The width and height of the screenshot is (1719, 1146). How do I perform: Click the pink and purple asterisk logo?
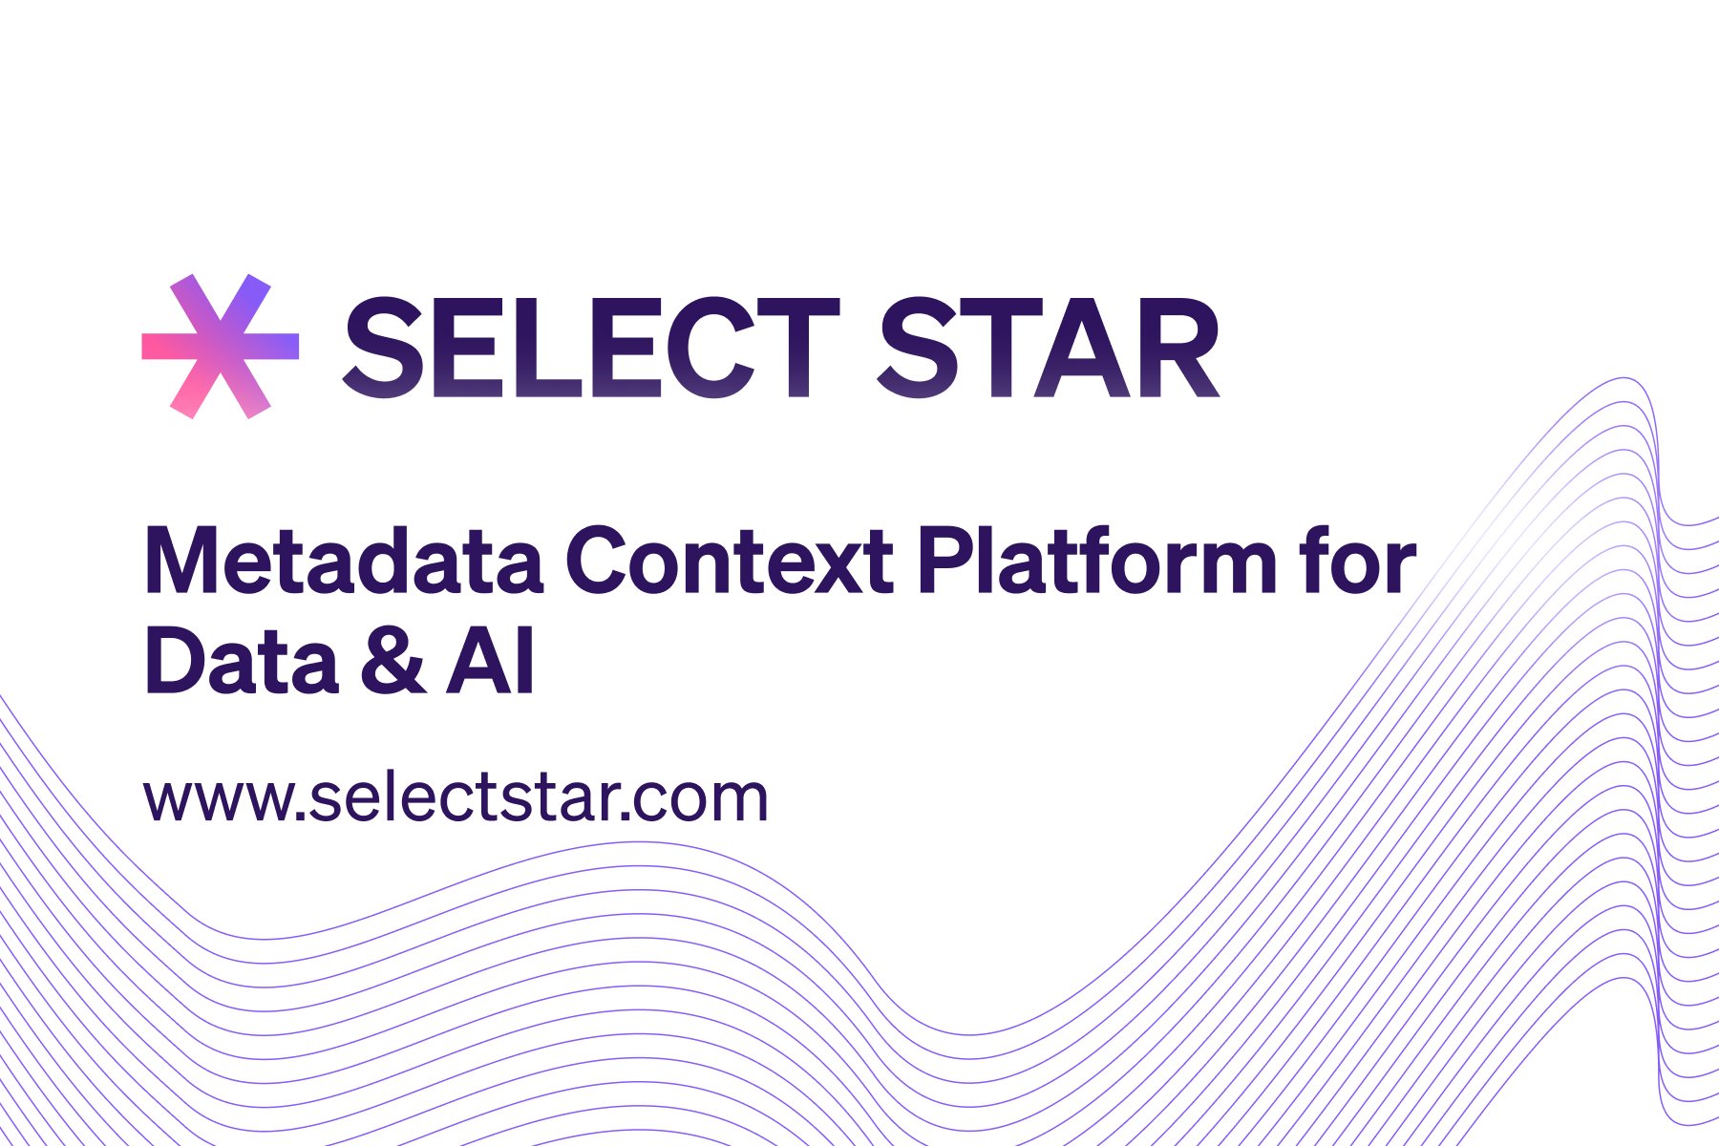[220, 346]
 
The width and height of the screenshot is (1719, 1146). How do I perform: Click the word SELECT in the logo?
[590, 348]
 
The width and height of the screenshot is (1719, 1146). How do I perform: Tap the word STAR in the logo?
[1048, 348]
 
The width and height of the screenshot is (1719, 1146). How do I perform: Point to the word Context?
[730, 562]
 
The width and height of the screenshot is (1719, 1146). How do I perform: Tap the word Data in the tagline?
[242, 661]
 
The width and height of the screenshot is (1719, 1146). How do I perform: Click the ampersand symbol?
[393, 661]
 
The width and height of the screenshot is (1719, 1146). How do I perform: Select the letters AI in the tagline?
[490, 661]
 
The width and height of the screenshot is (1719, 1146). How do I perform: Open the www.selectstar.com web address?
[456, 798]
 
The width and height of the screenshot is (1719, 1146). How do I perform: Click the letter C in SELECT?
[698, 348]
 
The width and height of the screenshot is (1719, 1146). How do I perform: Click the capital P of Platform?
[946, 562]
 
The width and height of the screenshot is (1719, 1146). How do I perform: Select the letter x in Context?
[839, 569]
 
